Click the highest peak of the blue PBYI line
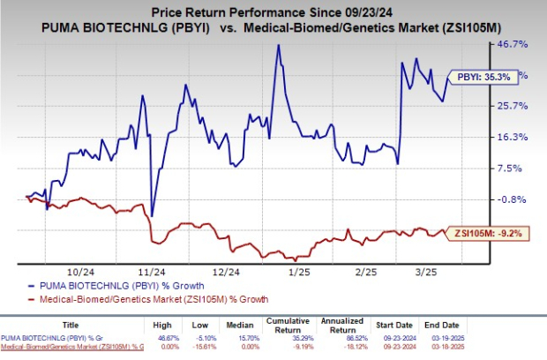pos(279,45)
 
